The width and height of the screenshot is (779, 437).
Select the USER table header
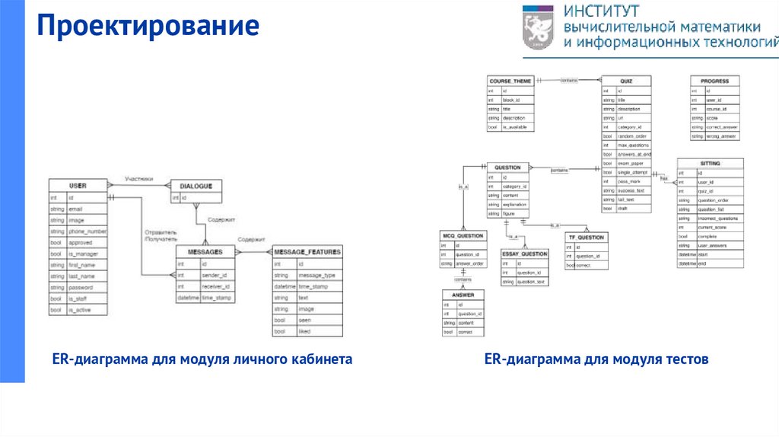click(78, 185)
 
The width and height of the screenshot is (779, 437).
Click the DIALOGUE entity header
click(196, 185)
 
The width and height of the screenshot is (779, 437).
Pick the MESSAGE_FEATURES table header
click(307, 251)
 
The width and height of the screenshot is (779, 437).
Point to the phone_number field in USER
click(87, 231)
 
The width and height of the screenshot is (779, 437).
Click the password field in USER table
click(81, 287)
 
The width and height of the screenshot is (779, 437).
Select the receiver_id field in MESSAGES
click(215, 286)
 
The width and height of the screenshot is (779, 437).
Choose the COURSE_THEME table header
click(510, 80)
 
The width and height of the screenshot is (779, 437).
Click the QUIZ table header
click(626, 80)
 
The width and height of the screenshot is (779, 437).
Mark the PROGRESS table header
click(714, 80)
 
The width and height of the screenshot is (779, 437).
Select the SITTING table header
click(710, 163)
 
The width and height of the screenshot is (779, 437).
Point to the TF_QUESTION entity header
click(587, 238)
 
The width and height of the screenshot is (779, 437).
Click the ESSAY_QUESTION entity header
click(524, 254)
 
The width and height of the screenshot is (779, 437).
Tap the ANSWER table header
click(463, 295)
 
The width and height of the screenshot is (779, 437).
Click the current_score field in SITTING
click(712, 227)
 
